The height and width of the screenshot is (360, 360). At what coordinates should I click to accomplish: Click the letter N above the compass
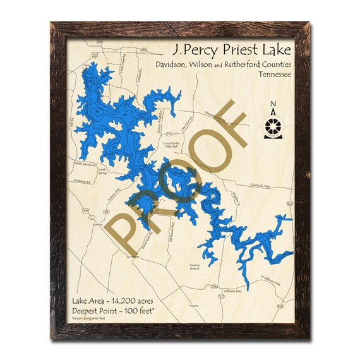pyautogui.click(x=272, y=105)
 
